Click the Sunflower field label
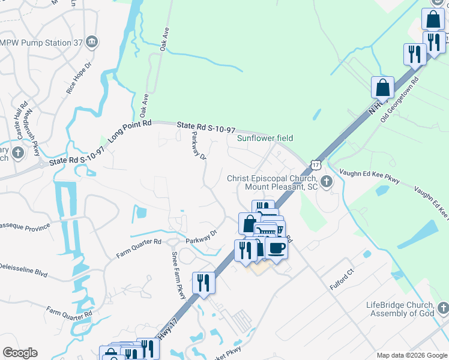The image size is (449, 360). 265,138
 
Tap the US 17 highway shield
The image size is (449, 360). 316,164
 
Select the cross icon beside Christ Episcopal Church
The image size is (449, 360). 327,182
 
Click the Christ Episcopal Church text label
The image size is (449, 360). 271,182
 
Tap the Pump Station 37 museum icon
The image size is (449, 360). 92,41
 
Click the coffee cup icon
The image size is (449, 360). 276,248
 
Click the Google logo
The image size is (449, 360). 20,353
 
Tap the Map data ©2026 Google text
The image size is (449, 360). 411,355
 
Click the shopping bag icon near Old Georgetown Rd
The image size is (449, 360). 382,88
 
